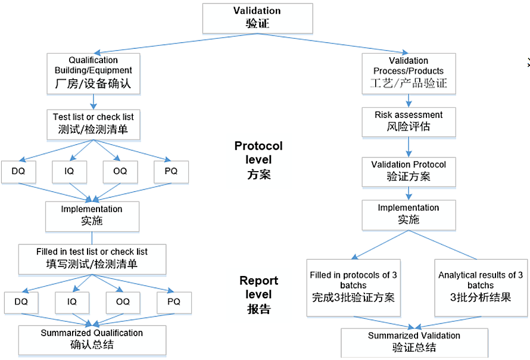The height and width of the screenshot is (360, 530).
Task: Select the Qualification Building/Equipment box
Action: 93,73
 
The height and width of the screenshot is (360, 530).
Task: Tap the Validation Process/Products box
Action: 408,73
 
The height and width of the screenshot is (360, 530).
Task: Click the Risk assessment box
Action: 408,121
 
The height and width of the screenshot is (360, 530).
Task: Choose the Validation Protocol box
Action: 408,170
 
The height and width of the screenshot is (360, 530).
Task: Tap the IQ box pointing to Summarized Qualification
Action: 71,302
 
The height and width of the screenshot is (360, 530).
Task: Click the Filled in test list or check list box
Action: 92,258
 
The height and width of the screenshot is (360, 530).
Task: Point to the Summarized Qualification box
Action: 92,339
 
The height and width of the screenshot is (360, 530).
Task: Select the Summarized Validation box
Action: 414,342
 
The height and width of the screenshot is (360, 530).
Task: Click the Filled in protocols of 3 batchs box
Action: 353,286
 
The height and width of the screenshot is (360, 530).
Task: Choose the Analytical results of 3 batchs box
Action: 481,286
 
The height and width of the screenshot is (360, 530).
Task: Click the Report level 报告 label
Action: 258,294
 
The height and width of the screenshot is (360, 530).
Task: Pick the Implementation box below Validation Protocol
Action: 408,215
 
